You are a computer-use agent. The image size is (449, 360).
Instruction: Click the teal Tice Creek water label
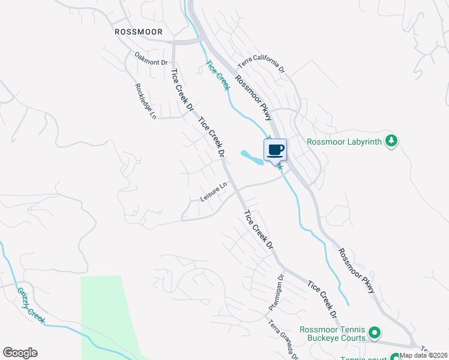(x=217, y=76)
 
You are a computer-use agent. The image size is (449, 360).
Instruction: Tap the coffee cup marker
(x=276, y=149)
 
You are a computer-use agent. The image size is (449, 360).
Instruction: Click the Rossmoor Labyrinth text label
(x=345, y=142)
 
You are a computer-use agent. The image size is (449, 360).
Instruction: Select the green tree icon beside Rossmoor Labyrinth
(x=391, y=141)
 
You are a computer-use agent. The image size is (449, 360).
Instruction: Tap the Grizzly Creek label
(x=30, y=305)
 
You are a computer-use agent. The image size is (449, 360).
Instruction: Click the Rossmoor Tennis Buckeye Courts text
(x=333, y=334)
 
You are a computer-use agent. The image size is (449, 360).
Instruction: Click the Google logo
(x=20, y=353)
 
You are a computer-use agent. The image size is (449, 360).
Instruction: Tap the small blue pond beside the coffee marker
(x=252, y=157)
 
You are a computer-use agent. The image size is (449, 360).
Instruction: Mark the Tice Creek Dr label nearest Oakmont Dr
(x=182, y=91)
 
